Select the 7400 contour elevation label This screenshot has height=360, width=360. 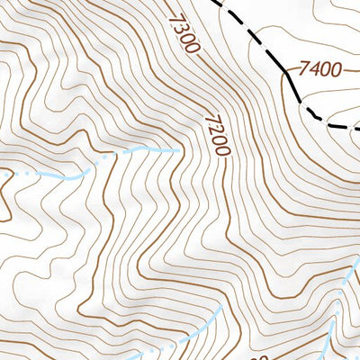pyautogui.click(x=319, y=68)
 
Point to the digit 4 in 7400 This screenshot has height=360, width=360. pyautogui.click(x=313, y=68)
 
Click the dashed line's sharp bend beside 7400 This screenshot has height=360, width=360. pyautogui.click(x=286, y=70)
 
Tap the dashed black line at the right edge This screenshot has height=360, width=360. pyautogui.click(x=358, y=128)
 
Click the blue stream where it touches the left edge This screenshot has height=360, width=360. pyautogui.click(x=1, y=173)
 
